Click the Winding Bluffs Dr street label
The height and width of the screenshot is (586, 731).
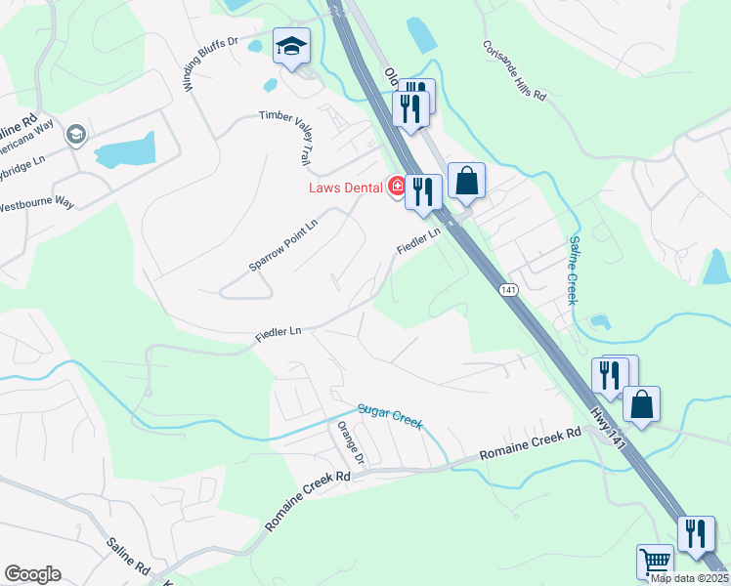(211, 65)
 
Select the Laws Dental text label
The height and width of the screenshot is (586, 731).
(347, 187)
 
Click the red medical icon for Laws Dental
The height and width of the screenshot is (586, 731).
(397, 186)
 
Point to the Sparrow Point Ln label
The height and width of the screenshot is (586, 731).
(282, 244)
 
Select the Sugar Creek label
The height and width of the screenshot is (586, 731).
(391, 414)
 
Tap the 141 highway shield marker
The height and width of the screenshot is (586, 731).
(507, 290)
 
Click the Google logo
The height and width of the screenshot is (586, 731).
(32, 574)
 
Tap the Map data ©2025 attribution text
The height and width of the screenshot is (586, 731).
(689, 578)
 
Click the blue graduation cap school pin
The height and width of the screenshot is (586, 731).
(290, 46)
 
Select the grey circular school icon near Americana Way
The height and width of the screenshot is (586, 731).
(74, 134)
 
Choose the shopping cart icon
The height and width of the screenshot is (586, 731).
(655, 562)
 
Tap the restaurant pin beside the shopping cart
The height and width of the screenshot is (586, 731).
(696, 534)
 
